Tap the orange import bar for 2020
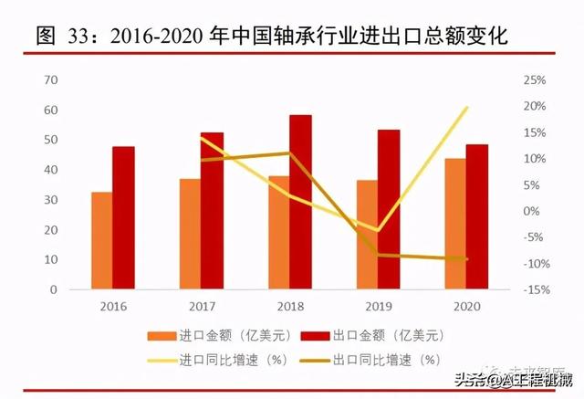[454, 224]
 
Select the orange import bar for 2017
[190, 234]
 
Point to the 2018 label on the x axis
[290, 308]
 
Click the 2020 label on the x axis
[466, 308]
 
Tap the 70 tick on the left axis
[51, 80]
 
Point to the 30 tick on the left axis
[51, 200]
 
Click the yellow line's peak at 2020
[467, 108]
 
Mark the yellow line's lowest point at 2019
[377, 230]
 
